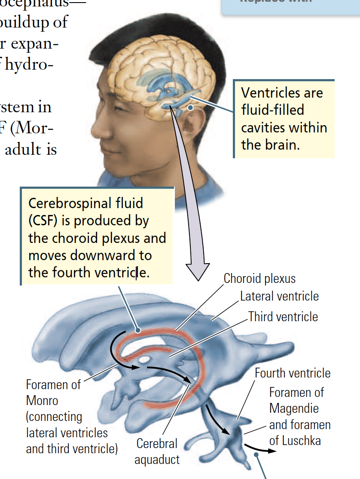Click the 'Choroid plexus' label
[x=259, y=279]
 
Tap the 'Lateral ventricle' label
[x=279, y=296]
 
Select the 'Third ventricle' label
[x=283, y=317]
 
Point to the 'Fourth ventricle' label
[x=293, y=373]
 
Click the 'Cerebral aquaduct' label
[x=157, y=451]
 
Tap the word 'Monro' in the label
[x=42, y=401]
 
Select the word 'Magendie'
[x=294, y=408]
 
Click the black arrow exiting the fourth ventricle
[x=260, y=449]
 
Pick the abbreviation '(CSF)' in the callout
[x=43, y=221]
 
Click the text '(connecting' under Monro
[x=54, y=417]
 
